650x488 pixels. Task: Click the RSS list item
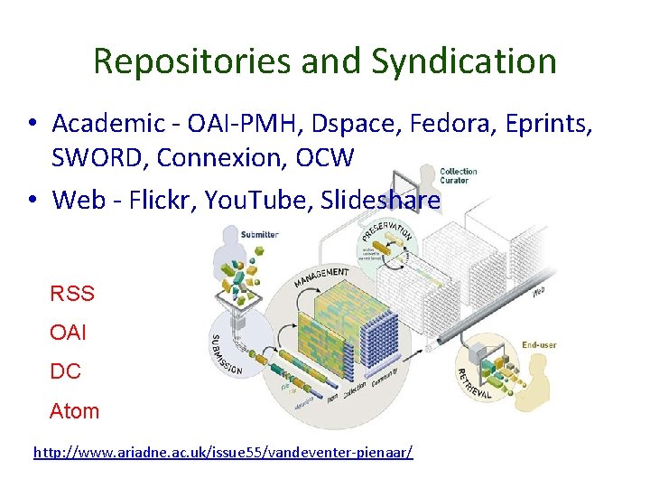click(x=72, y=293)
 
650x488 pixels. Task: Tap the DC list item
click(x=65, y=371)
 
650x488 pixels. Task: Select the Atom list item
click(x=75, y=410)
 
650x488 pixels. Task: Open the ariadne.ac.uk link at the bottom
click(x=223, y=450)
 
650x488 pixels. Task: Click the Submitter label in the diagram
click(x=259, y=234)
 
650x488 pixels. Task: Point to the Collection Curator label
click(x=458, y=175)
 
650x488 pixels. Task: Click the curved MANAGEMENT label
click(x=321, y=276)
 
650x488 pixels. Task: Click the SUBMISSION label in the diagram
click(x=227, y=352)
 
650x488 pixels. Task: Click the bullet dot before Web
click(x=31, y=199)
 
